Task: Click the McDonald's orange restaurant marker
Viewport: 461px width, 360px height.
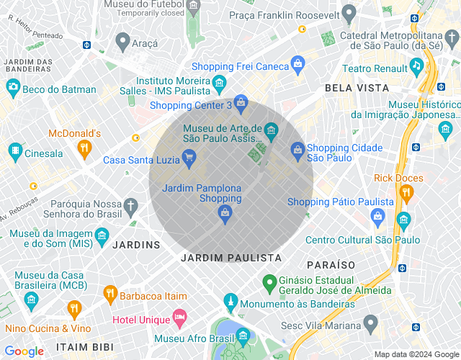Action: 84,150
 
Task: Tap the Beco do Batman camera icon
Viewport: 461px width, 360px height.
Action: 12,88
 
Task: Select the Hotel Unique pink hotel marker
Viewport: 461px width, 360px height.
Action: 179,318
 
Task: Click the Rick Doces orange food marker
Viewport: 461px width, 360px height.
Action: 406,193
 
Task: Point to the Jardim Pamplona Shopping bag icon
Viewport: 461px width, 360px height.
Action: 225,213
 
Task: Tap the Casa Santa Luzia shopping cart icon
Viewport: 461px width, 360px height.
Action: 189,158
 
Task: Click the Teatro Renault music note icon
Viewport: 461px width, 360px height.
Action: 416,66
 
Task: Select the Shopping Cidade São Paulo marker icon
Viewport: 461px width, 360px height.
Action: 297,150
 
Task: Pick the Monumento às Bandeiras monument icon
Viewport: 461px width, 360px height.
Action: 230,301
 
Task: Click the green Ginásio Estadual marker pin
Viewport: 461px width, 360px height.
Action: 269,282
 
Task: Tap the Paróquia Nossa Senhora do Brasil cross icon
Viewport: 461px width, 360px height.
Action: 130,208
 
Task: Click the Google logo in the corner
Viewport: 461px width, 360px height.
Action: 24,351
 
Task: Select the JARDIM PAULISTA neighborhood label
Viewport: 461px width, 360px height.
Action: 231,258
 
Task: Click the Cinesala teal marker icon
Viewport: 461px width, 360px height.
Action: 14,151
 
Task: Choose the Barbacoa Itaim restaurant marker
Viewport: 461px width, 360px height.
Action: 110,294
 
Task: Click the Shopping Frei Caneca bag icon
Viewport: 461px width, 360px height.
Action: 297,66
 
